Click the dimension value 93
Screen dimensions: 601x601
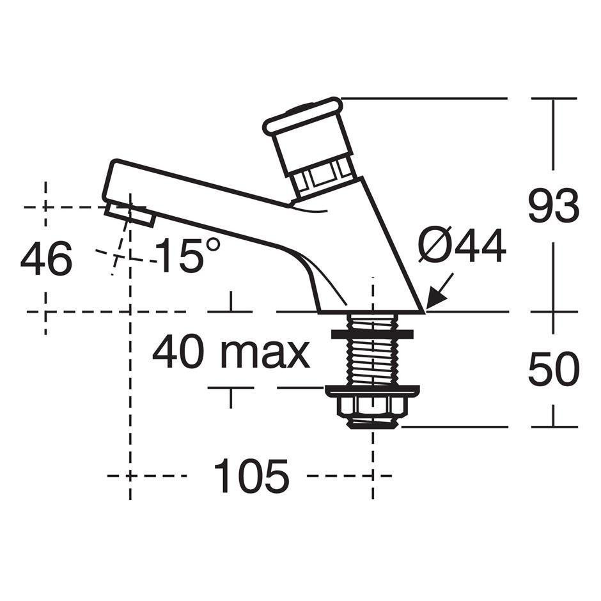tap(554, 205)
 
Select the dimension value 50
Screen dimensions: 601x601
tap(554, 369)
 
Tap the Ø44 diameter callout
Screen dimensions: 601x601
tap(462, 246)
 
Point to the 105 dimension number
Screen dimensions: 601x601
tap(251, 476)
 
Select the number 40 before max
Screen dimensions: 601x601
tap(178, 351)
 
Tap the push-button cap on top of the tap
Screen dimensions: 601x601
tap(303, 116)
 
